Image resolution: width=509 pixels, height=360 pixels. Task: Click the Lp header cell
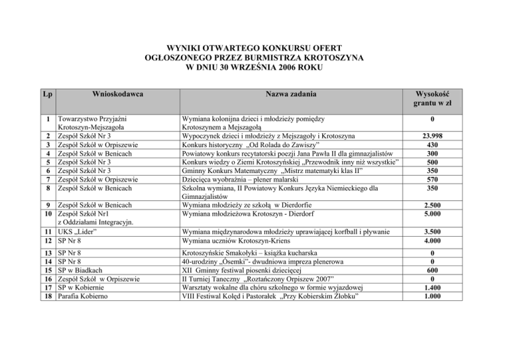coord(46,95)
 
